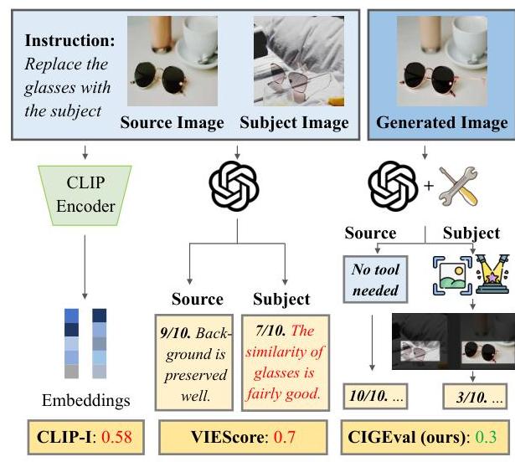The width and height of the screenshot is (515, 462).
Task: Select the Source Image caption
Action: [x=172, y=123]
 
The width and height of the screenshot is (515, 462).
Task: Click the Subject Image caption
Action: [x=294, y=123]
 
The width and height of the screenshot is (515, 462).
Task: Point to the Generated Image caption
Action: [x=441, y=123]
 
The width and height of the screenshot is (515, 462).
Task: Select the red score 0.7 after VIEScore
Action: [x=286, y=436]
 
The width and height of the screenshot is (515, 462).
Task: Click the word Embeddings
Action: [x=85, y=400]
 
